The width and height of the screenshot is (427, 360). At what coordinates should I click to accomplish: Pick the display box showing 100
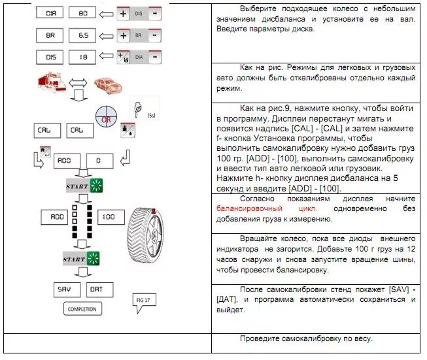point(108,216)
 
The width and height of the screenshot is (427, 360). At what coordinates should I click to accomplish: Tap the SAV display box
point(64,288)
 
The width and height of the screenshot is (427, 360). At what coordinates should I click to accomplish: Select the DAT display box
point(96,288)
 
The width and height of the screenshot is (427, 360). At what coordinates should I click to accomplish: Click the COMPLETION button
point(82,309)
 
